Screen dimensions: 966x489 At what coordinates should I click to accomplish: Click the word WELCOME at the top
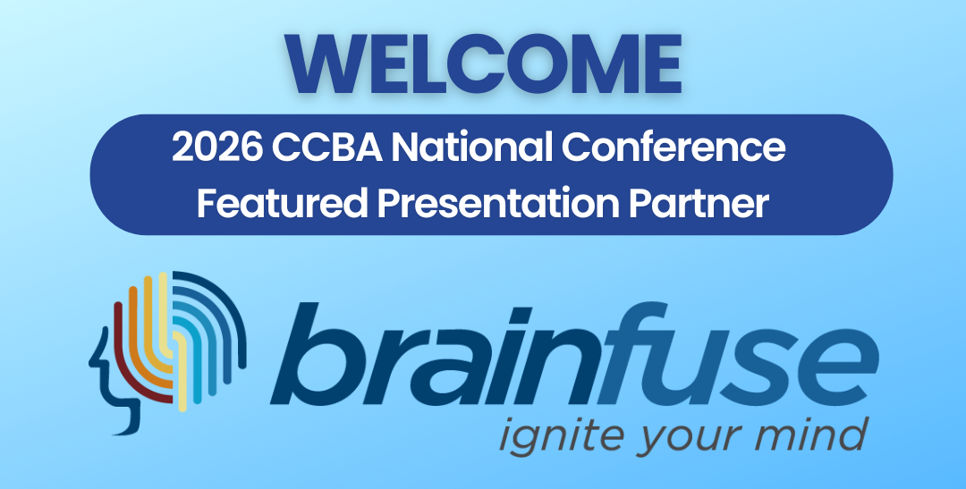483,64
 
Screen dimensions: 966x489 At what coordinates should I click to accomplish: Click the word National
472,148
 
